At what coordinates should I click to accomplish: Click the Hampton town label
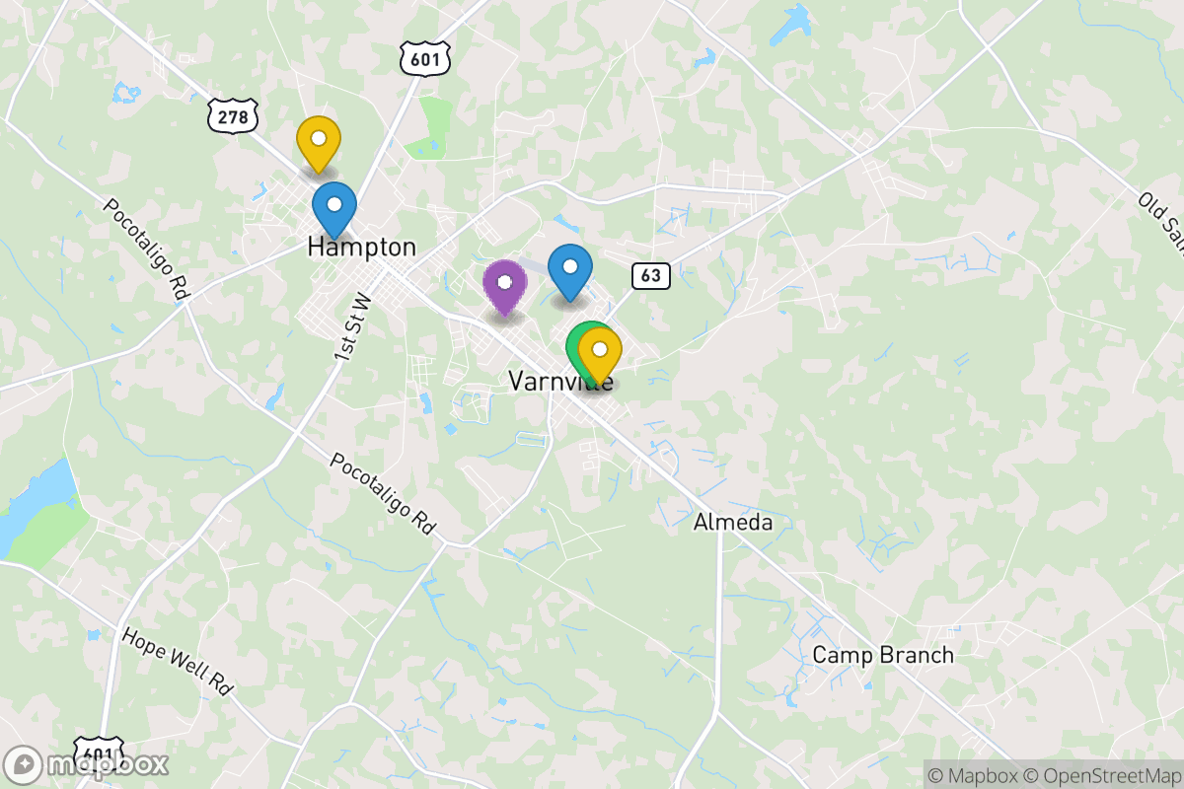coord(361,247)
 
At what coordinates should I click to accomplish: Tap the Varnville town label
coord(559,381)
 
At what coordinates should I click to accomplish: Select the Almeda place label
coord(733,522)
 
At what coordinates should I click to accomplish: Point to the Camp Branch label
coord(883,655)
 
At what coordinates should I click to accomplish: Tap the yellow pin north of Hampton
coord(319,141)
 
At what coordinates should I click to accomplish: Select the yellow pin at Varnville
coord(600,352)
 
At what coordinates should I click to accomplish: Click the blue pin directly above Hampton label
coord(334,207)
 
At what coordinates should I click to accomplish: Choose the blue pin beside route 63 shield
coord(570,268)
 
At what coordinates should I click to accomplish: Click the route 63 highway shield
coord(651,275)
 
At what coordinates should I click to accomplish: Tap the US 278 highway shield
coord(233,117)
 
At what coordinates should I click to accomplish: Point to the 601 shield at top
coord(426,58)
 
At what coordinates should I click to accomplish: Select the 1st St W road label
coord(352,324)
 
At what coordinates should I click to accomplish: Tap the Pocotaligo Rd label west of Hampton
coord(145,251)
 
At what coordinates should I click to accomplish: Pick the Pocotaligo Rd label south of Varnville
coord(383,493)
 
